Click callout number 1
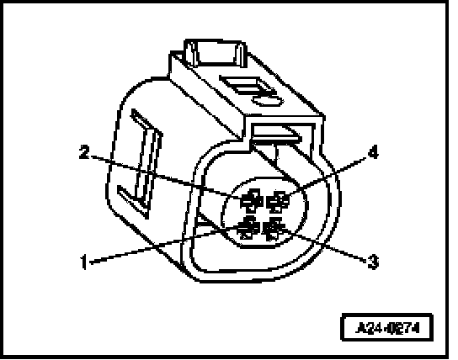84,262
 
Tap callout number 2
84,152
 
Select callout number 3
373,262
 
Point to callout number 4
373,152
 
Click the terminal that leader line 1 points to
248,228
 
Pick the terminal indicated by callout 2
252,200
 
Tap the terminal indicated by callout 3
274,229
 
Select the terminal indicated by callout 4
279,201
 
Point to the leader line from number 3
323,244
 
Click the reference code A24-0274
387,328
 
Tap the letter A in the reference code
361,328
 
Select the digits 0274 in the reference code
404,328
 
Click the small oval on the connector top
267,101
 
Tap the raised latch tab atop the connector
215,53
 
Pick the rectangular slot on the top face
248,85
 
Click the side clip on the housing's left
141,163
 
